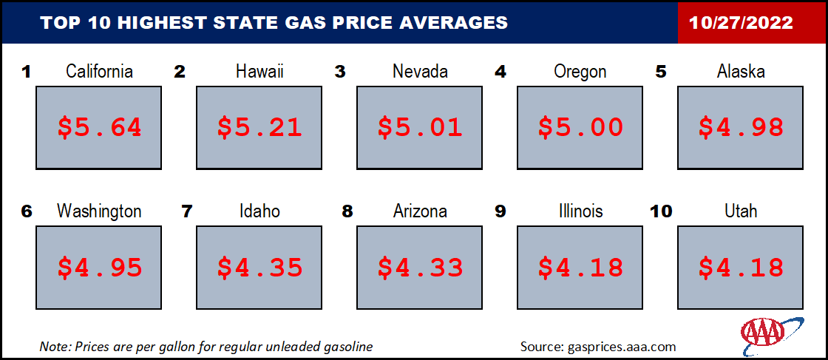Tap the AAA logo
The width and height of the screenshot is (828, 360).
coord(772,333)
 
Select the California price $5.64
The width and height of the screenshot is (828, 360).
coord(99,127)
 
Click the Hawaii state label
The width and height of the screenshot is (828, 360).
coord(259,71)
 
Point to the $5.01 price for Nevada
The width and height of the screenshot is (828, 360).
coord(421,127)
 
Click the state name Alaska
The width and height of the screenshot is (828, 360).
coord(741,71)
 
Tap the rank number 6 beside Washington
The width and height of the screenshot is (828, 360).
coord(27,211)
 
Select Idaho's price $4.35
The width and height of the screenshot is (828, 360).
coord(259,268)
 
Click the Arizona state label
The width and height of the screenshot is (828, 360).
coord(421,211)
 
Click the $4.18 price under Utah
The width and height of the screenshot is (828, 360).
coord(741,268)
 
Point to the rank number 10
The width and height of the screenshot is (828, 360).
coord(662,211)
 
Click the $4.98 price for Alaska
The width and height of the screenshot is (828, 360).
coord(741,127)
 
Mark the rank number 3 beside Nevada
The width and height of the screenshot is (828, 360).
coord(340,72)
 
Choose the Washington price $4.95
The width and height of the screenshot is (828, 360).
coord(99,268)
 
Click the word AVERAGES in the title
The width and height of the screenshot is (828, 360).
coord(454,23)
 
